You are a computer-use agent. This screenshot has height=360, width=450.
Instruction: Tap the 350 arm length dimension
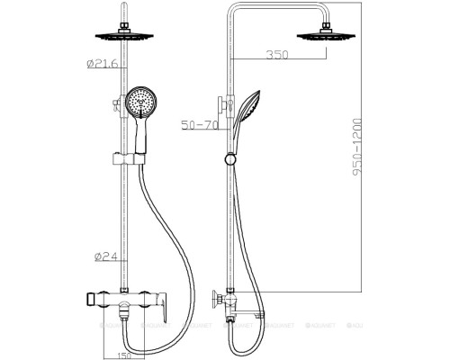[276, 56]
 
